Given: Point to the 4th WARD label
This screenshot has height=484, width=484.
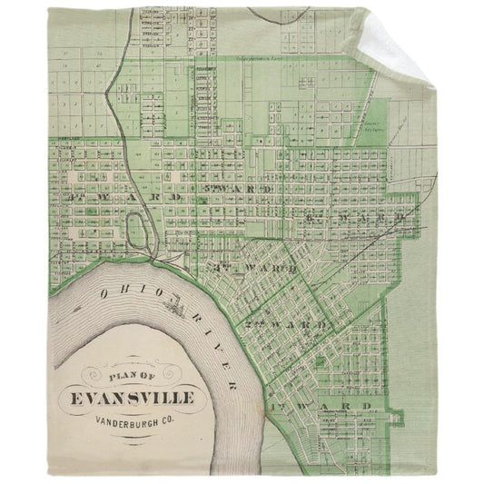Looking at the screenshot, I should click(103, 195).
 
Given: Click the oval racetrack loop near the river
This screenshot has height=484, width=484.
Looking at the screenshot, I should click(137, 231).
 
